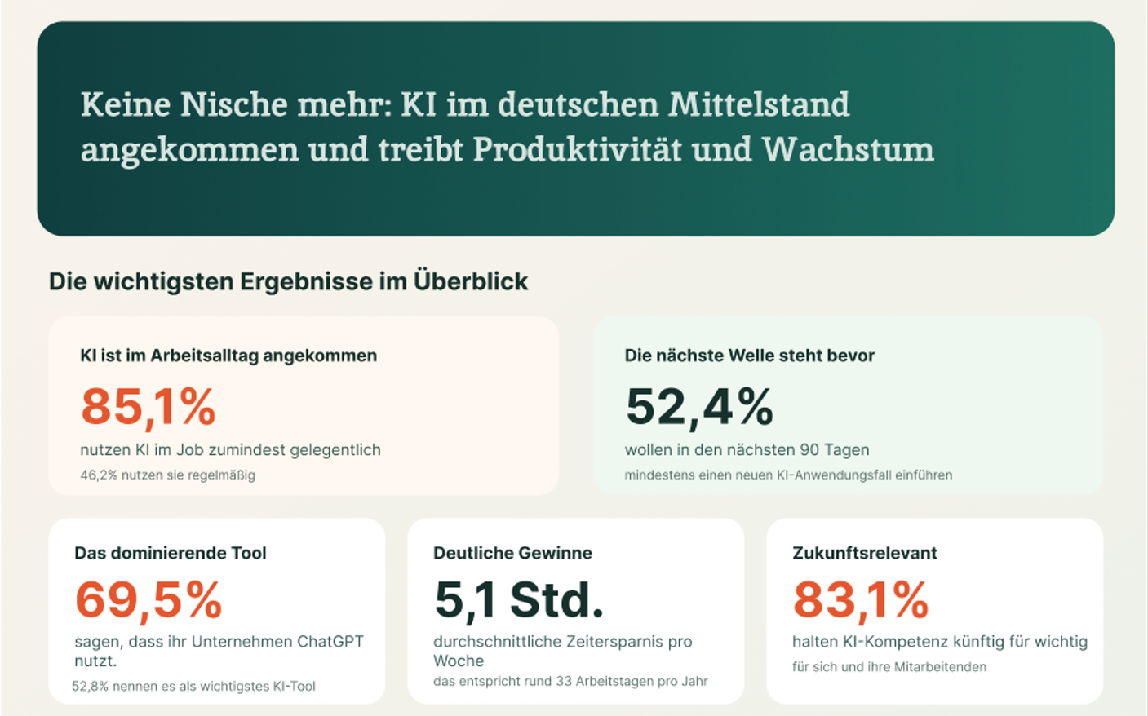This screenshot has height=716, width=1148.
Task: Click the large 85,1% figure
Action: point(148,406)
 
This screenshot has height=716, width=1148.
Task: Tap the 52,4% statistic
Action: point(699,406)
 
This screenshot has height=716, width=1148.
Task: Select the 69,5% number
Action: point(148,600)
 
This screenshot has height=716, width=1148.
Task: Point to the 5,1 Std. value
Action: point(519,600)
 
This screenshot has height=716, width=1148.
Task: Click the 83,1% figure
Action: point(860,600)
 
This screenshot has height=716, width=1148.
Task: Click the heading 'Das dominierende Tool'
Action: point(170,553)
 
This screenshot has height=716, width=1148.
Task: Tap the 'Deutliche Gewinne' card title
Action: point(512,553)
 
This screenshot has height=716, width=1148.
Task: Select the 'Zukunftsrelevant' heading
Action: point(864,553)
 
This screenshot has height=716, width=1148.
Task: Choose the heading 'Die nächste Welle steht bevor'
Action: point(749,356)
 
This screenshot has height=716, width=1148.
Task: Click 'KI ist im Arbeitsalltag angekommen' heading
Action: point(228,356)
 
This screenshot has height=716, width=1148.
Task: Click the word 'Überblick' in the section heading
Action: point(471,281)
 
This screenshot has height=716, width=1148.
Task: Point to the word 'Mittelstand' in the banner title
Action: point(759,104)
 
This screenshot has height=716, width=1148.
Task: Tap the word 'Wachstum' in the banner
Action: point(848,150)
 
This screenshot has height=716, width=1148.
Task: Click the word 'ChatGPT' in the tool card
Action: point(330,642)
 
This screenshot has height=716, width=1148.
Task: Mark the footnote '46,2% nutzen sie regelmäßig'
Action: point(167,475)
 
